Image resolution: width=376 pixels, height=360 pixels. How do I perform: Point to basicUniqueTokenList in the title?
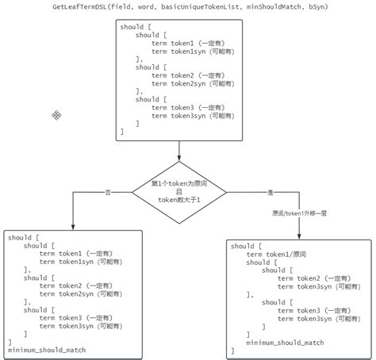pos(196,6)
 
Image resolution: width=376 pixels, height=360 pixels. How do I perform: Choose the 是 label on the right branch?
pos(270,192)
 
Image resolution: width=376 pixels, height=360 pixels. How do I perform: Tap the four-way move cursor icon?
pos(56,115)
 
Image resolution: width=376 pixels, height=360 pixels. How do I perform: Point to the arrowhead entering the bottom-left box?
pos(72,226)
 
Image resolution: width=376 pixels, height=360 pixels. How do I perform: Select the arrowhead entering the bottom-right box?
pos(300,235)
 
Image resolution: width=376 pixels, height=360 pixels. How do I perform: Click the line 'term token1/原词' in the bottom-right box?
pos(276,255)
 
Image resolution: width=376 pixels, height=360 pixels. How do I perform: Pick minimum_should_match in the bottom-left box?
pos(47,350)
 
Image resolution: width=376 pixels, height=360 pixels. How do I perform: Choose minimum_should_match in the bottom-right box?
pos(285,343)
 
